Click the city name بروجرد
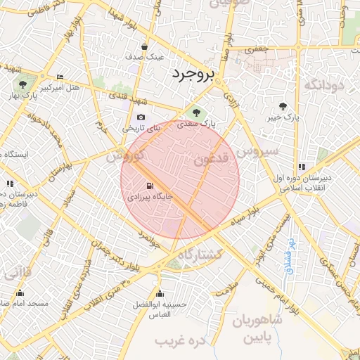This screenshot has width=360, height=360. (x=191, y=74)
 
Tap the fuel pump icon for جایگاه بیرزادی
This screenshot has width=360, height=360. (x=149, y=186)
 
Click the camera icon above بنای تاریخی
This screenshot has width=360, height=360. (x=141, y=117)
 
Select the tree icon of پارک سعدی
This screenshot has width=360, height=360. (x=196, y=112)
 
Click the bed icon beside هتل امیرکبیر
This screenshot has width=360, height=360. (x=60, y=77)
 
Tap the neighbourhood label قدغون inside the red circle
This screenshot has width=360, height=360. (x=214, y=160)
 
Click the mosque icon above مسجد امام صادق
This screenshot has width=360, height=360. (x=20, y=293)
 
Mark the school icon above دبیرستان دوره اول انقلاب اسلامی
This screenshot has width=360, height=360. (x=302, y=167)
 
